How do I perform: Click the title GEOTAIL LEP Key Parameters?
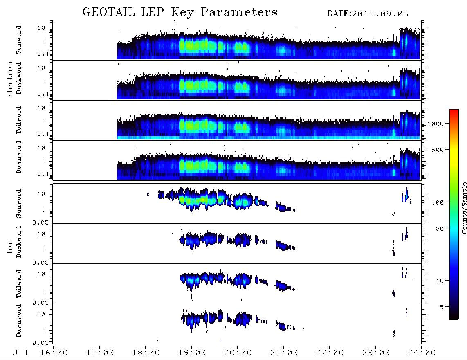[180, 12]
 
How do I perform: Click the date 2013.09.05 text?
[380, 14]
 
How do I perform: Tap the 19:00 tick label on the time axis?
[192, 353]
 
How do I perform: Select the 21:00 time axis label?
[284, 353]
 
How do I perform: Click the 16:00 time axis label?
[54, 353]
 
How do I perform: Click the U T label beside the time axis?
[20, 353]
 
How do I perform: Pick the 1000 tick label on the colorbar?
[436, 124]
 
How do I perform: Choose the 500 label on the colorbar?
[438, 150]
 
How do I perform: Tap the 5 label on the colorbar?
[442, 307]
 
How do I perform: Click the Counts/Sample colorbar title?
[464, 208]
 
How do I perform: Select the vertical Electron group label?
[10, 80]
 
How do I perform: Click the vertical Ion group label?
[10, 246]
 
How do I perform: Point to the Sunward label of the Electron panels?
[19, 40]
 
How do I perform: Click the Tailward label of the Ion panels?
[19, 284]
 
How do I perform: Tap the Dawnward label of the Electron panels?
[19, 157]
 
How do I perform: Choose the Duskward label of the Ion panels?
[19, 242]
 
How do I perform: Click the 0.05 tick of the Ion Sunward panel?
[40, 223]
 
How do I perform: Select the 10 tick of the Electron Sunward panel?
[41, 28]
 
